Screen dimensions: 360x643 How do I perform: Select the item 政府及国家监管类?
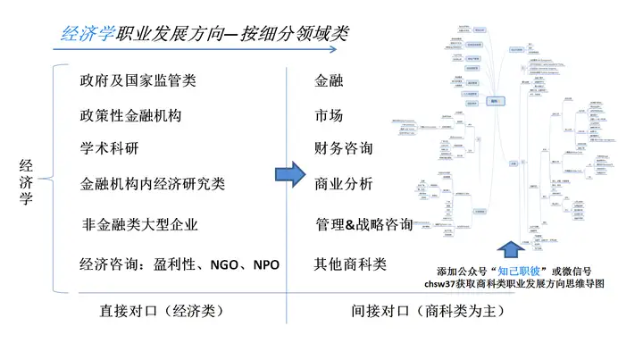point(138,80)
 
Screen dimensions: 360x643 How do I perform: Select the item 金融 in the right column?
point(330,80)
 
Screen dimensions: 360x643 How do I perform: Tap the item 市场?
point(330,115)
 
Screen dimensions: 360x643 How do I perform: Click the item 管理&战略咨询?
point(364,224)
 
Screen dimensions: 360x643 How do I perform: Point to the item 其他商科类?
point(350,264)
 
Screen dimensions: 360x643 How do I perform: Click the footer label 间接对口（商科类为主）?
point(429,312)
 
